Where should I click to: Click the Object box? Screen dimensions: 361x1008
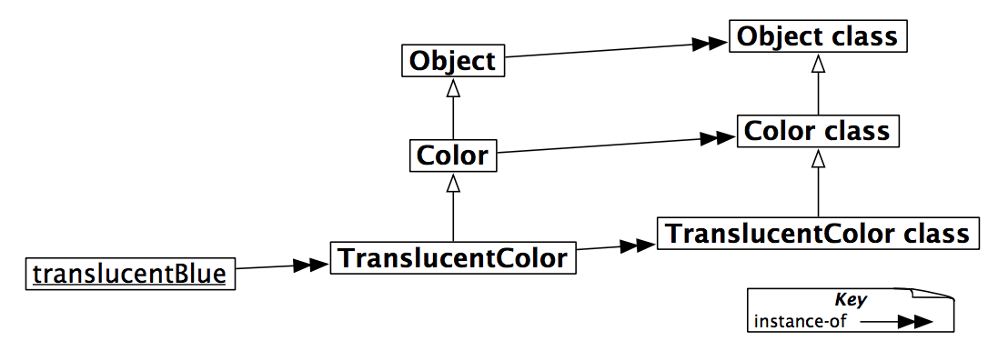point(452,61)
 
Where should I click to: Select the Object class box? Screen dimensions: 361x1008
point(817,37)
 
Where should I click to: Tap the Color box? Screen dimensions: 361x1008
point(452,155)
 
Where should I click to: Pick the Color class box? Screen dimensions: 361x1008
point(817,131)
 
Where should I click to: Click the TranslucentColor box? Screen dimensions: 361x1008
point(453,258)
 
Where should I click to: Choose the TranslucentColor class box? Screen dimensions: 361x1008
point(817,233)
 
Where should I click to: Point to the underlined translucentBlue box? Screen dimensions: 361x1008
point(129,273)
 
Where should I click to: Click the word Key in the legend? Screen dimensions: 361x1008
point(851,300)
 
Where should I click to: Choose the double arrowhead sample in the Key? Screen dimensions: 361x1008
point(914,322)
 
